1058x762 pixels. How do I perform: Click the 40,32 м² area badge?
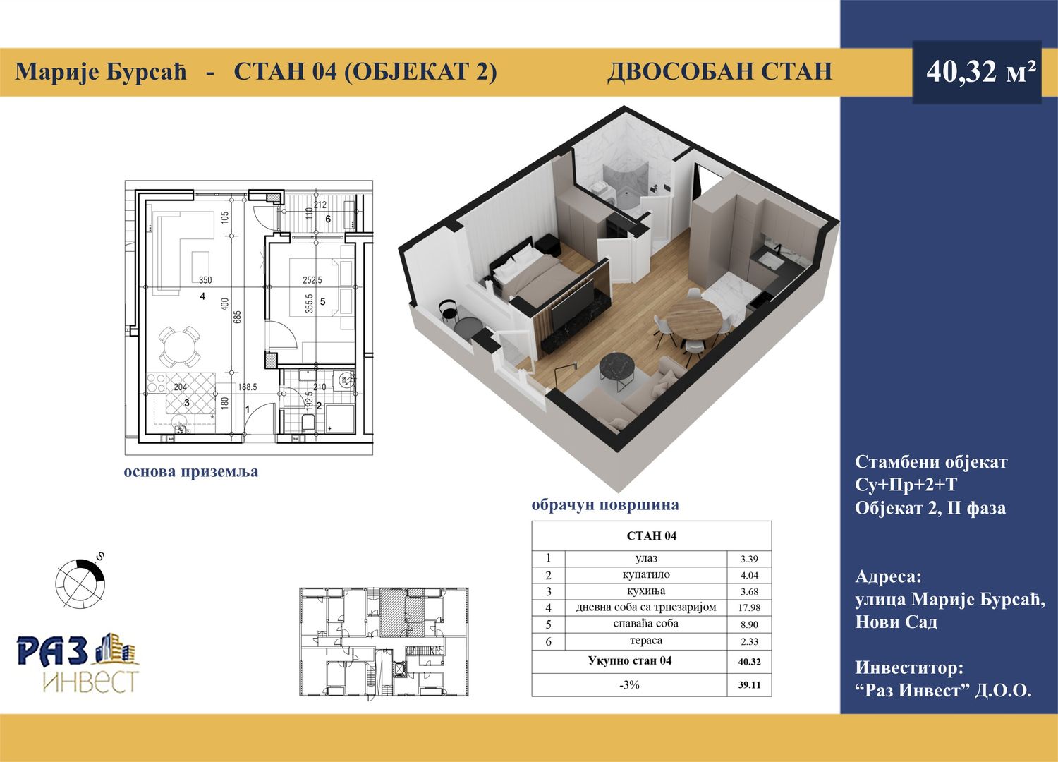click(x=977, y=72)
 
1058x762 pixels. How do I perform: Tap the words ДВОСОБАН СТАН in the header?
click(x=719, y=72)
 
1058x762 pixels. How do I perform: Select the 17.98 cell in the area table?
click(x=749, y=608)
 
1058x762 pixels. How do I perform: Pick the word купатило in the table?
click(x=645, y=575)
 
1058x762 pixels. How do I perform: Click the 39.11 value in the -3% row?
click(x=749, y=685)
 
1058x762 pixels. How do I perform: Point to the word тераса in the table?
click(x=645, y=641)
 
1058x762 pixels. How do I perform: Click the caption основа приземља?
click(x=191, y=472)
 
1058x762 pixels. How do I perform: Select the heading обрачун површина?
click(x=605, y=505)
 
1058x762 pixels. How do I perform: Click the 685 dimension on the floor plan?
click(x=238, y=316)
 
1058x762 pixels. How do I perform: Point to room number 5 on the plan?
click(x=322, y=301)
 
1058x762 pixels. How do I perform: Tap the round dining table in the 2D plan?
click(x=179, y=346)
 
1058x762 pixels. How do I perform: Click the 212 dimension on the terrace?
click(x=320, y=205)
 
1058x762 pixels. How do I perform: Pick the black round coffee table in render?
click(x=619, y=367)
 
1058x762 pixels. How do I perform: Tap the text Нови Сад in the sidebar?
click(x=896, y=622)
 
